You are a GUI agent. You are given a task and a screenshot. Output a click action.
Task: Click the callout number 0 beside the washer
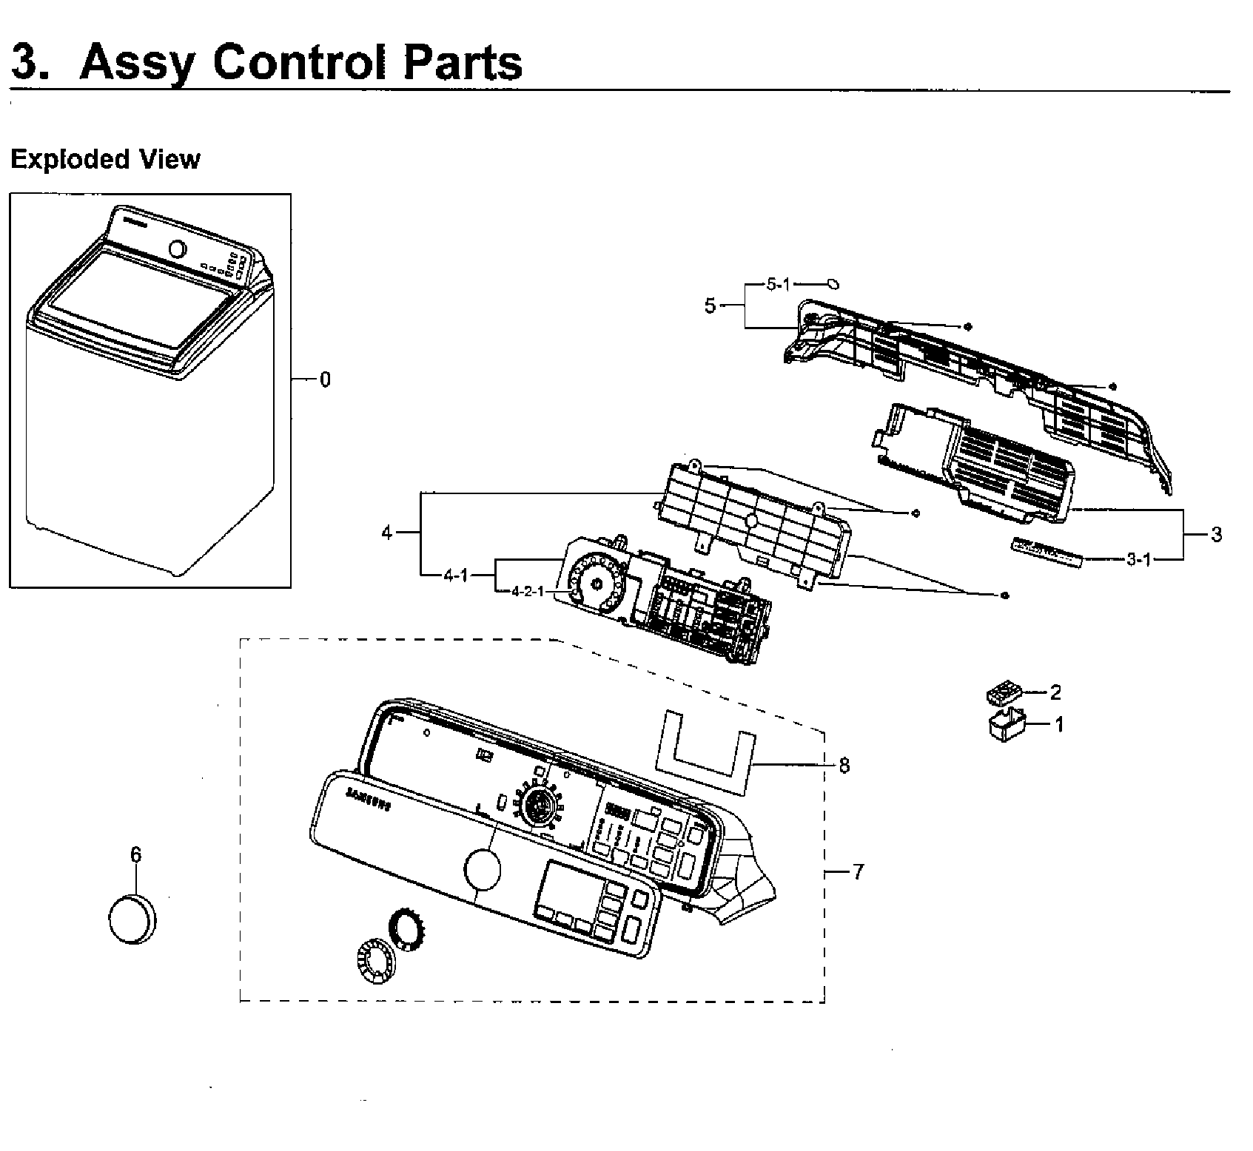tap(325, 380)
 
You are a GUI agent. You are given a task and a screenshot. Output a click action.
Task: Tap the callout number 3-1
tap(1139, 559)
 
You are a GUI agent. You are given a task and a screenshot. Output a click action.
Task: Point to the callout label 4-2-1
tap(527, 591)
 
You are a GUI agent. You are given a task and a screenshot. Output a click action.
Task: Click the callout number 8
tap(844, 766)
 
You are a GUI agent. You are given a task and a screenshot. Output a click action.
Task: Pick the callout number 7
tap(858, 873)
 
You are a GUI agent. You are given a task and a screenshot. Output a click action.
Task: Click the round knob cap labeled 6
tap(132, 918)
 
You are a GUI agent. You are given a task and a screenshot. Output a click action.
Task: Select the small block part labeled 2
tap(1004, 694)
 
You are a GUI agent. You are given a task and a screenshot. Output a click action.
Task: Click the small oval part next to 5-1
tap(833, 283)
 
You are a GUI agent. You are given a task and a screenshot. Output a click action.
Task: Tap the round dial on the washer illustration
tap(178, 249)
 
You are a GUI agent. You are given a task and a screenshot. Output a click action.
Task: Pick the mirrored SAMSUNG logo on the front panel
tap(368, 800)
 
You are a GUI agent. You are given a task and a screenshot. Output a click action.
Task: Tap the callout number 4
tap(386, 533)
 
